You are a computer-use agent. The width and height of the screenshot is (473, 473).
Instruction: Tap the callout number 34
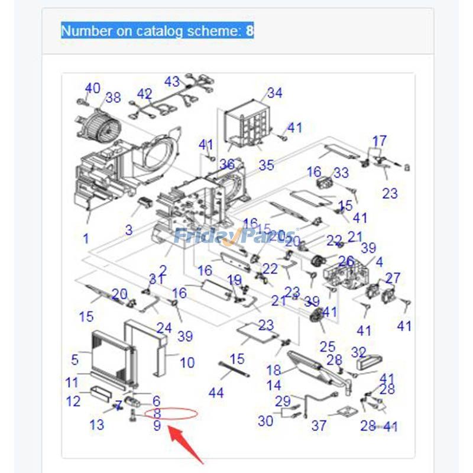tap(274, 93)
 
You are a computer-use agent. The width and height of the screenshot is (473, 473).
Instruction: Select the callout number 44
tap(216, 392)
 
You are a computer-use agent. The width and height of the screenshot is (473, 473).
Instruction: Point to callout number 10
tap(187, 362)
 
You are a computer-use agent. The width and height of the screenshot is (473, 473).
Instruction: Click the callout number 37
tap(319, 425)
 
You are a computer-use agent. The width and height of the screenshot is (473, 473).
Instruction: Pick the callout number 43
tap(171, 81)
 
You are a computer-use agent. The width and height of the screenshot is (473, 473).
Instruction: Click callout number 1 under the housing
tap(86, 239)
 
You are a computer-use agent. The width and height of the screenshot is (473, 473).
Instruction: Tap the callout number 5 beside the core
tap(74, 359)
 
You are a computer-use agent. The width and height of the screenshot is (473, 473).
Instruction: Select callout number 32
tap(358, 353)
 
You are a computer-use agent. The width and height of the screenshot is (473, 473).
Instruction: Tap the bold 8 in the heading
tap(250, 31)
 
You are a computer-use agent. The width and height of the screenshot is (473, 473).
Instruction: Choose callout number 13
tap(97, 424)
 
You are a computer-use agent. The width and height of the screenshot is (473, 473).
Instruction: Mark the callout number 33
tap(341, 173)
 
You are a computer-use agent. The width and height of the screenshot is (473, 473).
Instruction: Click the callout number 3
tap(129, 230)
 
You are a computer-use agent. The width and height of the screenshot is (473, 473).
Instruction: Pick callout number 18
tap(274, 371)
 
